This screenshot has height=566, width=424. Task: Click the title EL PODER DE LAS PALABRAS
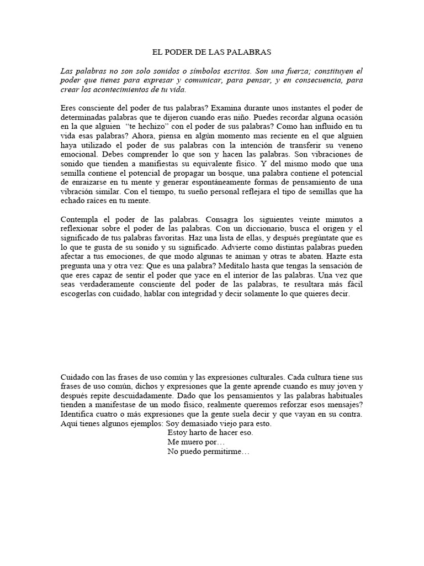(x=211, y=52)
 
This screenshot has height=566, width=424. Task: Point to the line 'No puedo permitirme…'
(x=208, y=452)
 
